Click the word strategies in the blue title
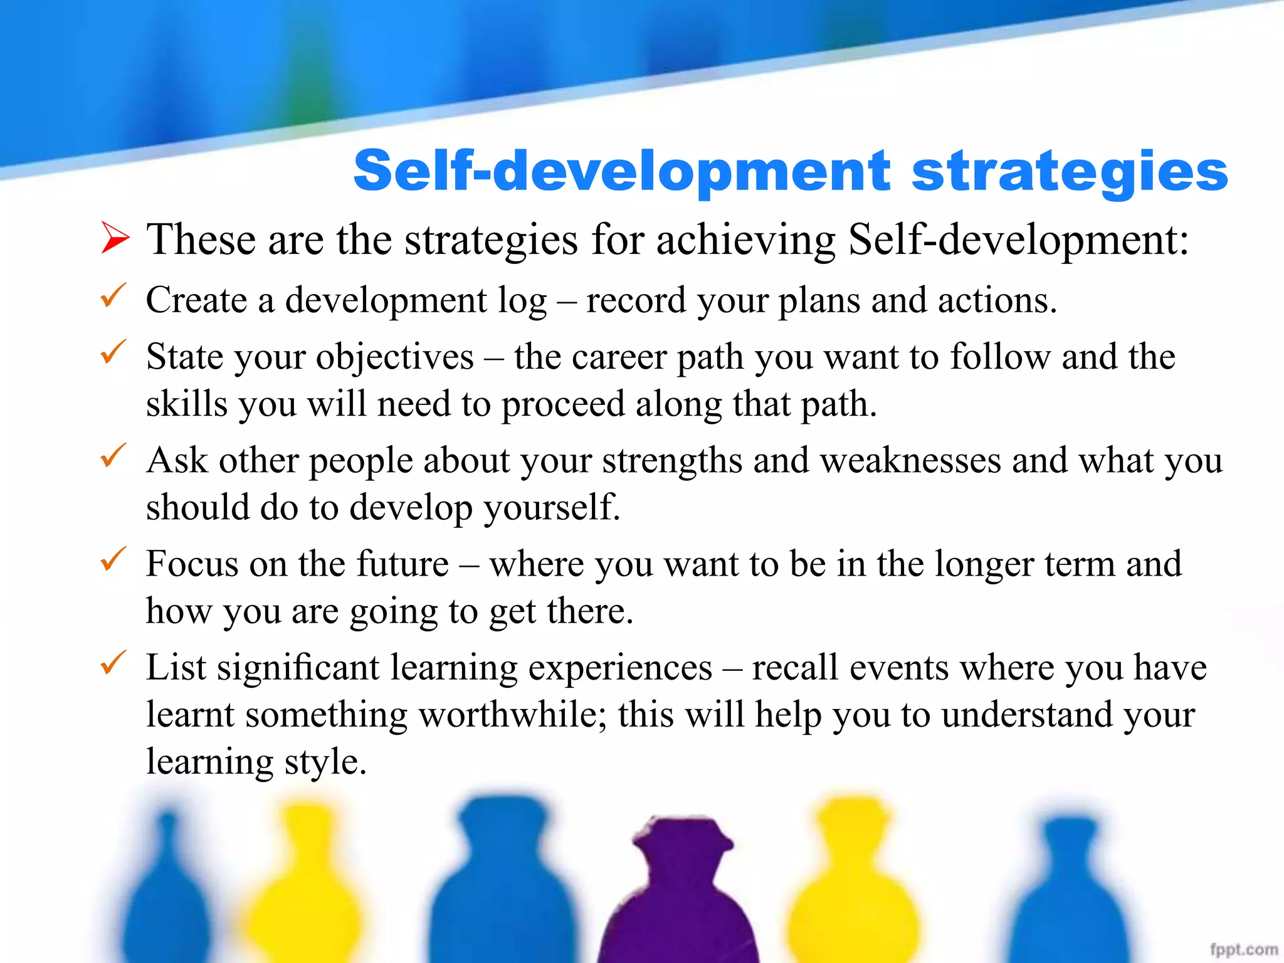click(x=1069, y=172)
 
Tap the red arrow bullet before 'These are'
click(x=115, y=239)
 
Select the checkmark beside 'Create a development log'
click(x=113, y=295)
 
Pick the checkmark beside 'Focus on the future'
click(x=113, y=559)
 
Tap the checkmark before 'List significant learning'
click(x=113, y=663)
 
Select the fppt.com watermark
click(x=1244, y=949)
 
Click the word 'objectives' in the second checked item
click(x=395, y=358)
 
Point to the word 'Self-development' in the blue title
click(x=621, y=172)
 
